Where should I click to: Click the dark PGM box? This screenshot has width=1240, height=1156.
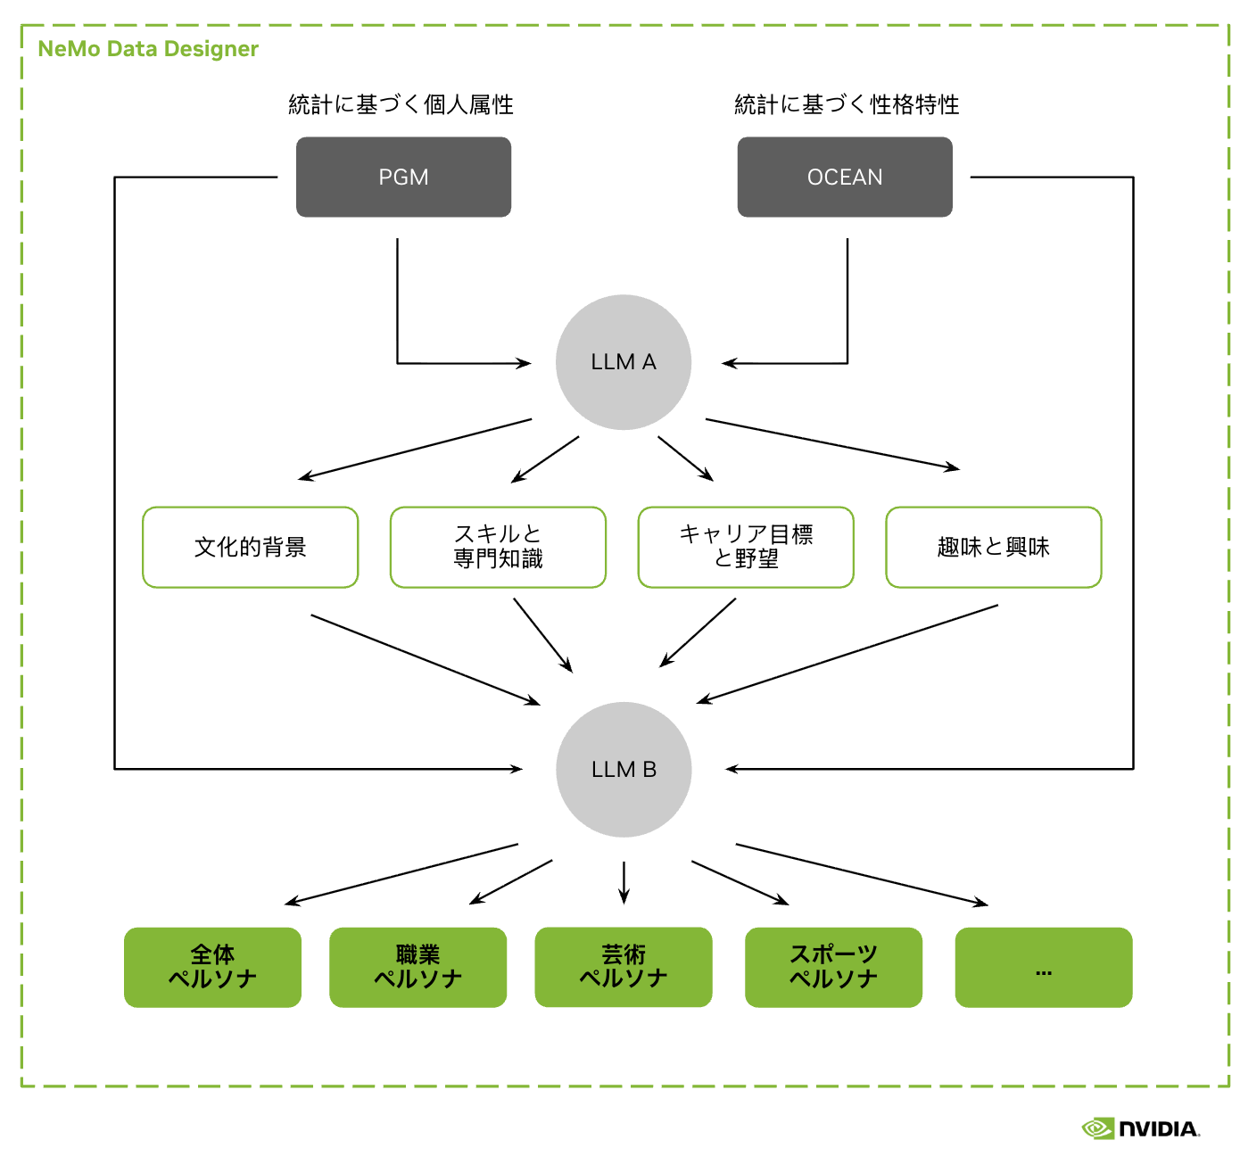(403, 177)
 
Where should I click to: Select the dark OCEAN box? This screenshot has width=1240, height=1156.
(845, 177)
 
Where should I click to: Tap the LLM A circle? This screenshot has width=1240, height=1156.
(624, 362)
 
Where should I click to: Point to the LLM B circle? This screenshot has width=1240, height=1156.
(624, 769)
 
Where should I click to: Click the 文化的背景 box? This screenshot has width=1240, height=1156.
(251, 547)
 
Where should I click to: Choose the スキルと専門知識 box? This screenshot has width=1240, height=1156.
(498, 547)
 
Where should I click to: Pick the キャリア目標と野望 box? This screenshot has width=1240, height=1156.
(746, 547)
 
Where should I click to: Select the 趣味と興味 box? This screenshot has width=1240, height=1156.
(993, 547)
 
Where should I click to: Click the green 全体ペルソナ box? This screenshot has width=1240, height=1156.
(212, 967)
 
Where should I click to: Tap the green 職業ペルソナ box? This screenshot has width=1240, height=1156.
(417, 967)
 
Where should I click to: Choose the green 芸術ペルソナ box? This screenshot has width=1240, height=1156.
(624, 967)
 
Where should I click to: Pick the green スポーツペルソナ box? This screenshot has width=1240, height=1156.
(833, 967)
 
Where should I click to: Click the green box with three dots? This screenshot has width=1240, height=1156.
(1044, 967)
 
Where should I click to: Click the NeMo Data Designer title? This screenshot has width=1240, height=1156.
(148, 49)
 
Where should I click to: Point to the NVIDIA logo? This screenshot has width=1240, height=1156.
(1141, 1128)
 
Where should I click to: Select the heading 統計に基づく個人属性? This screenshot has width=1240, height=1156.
(401, 104)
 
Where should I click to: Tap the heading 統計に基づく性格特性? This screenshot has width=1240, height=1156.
(847, 104)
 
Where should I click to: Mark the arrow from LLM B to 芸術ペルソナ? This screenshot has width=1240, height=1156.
(624, 881)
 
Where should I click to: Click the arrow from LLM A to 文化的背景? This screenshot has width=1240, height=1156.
(415, 449)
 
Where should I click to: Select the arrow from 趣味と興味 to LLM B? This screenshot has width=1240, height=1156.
(847, 654)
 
